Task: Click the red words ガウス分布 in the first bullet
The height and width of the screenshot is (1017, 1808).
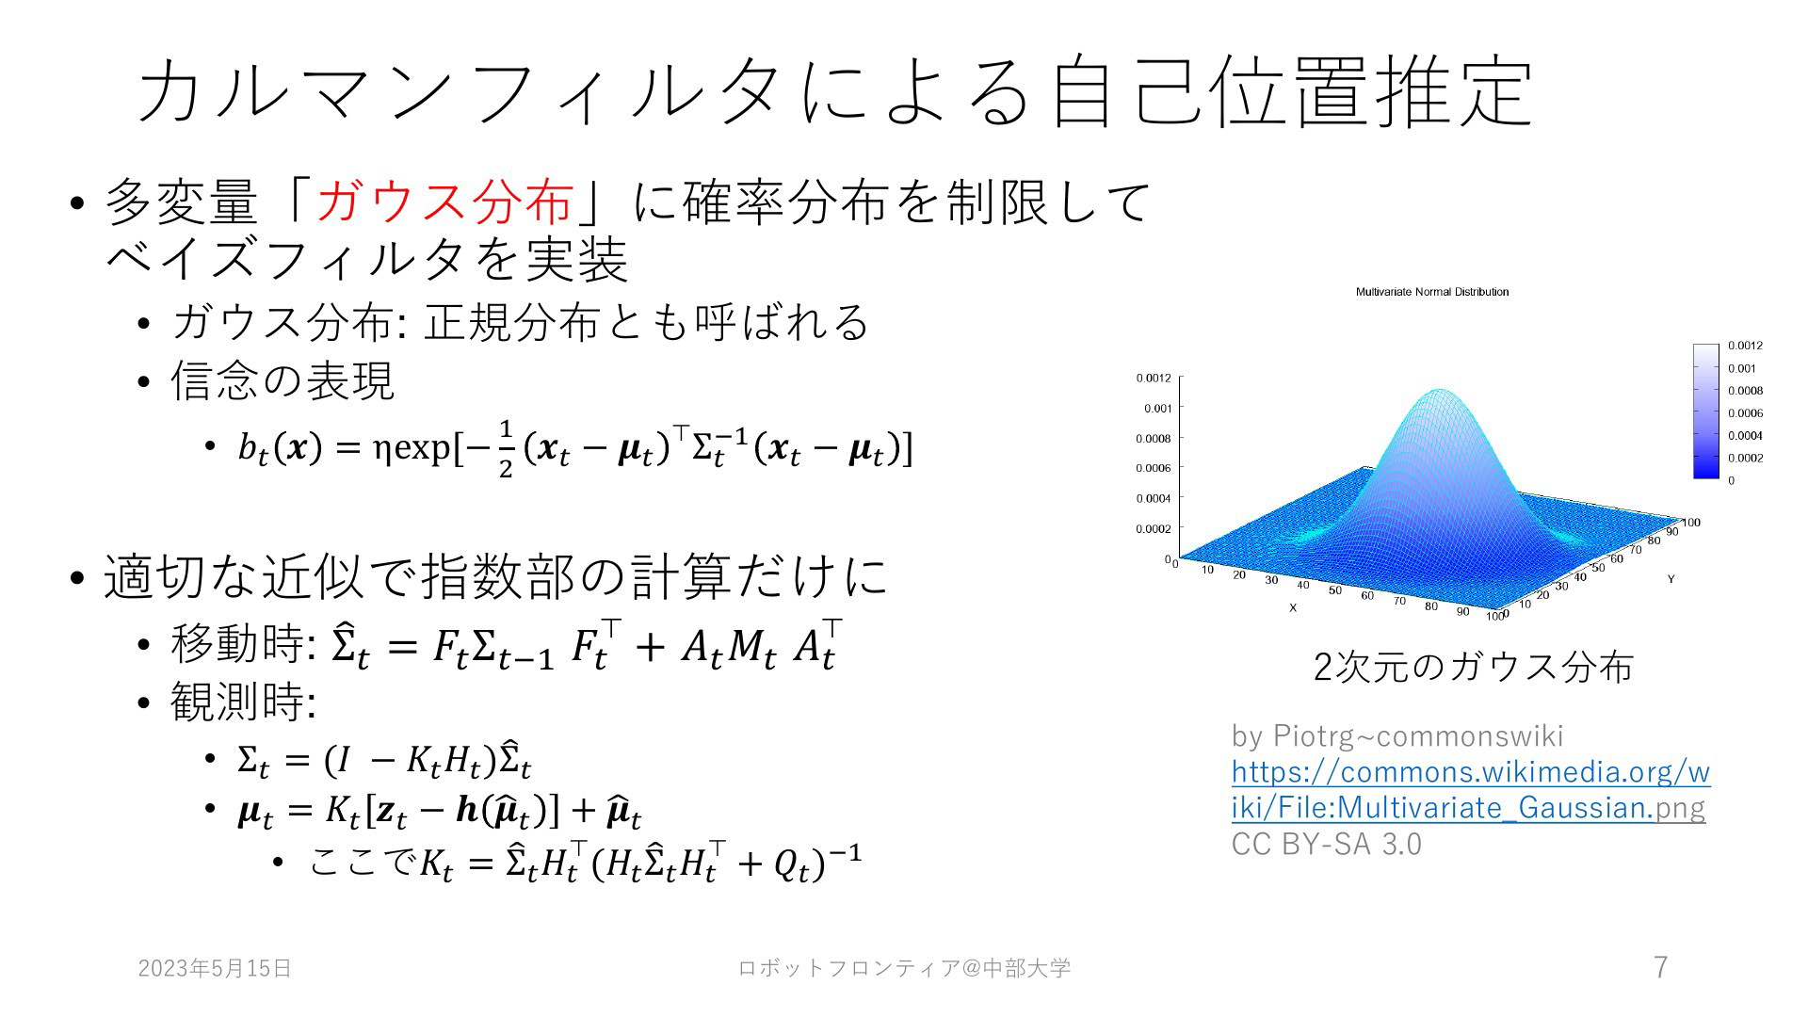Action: [445, 202]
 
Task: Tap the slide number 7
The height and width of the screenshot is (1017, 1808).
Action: [1661, 967]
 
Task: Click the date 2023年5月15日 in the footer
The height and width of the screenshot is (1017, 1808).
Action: [215, 968]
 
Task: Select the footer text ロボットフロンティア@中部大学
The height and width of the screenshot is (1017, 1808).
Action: [904, 968]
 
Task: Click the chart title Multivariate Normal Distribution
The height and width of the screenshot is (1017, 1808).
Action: [1432, 292]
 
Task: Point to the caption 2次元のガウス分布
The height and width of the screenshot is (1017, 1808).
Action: [1473, 667]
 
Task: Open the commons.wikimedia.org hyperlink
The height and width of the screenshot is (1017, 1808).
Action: [1470, 789]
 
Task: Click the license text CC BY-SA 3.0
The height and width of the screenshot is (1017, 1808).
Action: [1326, 844]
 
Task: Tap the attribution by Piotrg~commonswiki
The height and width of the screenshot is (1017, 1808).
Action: [1397, 735]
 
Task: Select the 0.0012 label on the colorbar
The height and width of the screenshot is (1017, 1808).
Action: [1745, 346]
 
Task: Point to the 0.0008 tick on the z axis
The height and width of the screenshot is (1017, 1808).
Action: [1154, 438]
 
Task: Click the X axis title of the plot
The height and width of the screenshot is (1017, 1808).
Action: [1293, 608]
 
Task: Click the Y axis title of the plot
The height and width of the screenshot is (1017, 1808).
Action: [1671, 578]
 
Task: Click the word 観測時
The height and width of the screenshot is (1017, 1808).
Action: [237, 702]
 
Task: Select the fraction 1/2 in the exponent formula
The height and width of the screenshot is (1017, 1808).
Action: [506, 449]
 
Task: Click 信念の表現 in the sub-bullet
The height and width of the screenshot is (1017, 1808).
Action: [282, 380]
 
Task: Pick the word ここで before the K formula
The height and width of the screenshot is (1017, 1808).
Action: [363, 862]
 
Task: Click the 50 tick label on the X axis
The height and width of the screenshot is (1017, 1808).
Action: [1335, 590]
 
